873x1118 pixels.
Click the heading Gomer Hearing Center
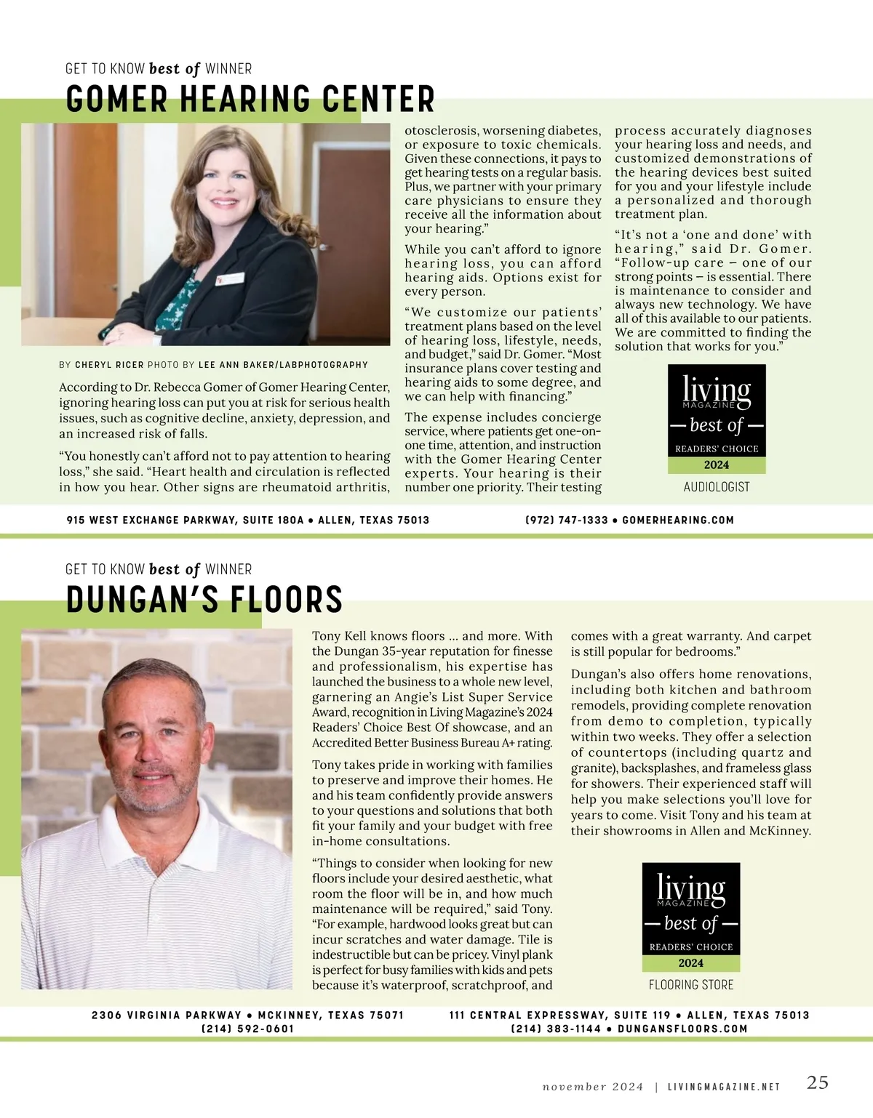(x=250, y=100)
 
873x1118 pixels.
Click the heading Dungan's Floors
(x=204, y=600)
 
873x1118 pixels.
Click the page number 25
(x=818, y=1082)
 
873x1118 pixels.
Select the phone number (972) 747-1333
(x=566, y=520)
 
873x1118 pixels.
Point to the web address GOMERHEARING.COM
(x=678, y=520)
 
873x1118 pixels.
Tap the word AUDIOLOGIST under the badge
(x=717, y=487)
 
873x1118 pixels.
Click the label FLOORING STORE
(x=691, y=985)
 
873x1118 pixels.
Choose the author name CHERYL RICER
(x=109, y=365)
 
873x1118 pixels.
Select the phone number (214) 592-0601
(x=248, y=1029)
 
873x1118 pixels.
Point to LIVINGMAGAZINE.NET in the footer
(x=724, y=1087)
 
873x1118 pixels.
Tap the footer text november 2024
(x=593, y=1087)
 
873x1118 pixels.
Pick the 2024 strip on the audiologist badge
(x=717, y=465)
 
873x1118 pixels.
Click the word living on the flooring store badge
(x=691, y=888)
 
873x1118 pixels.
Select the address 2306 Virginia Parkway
(x=167, y=1016)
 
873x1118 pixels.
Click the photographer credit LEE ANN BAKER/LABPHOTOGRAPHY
(x=283, y=365)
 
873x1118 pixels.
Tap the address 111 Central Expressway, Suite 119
(x=559, y=1016)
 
